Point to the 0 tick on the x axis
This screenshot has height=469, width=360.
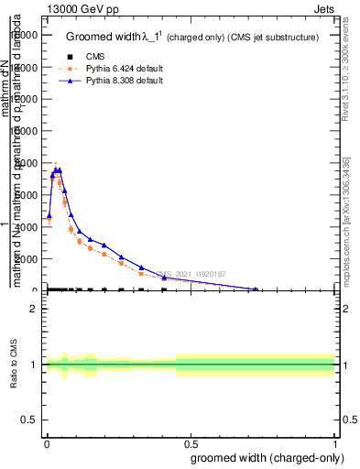(x=47, y=442)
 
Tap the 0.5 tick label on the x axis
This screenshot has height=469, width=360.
(x=191, y=442)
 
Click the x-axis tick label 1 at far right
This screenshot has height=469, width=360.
(x=335, y=442)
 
